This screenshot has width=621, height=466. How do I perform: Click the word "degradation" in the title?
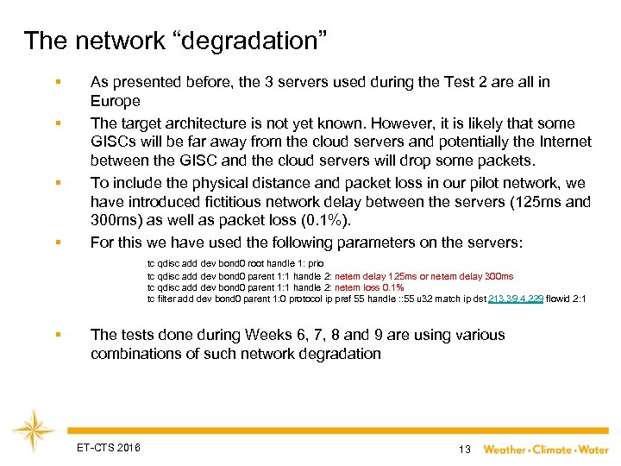point(246,41)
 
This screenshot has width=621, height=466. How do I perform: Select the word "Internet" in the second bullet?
point(561,142)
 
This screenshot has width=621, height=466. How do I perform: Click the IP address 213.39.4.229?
point(515,299)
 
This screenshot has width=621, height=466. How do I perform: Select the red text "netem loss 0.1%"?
point(369,287)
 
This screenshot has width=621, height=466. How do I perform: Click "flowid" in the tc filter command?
point(561,299)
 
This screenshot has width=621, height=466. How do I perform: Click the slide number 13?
point(464,449)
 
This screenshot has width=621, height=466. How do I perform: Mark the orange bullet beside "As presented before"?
point(57,83)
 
